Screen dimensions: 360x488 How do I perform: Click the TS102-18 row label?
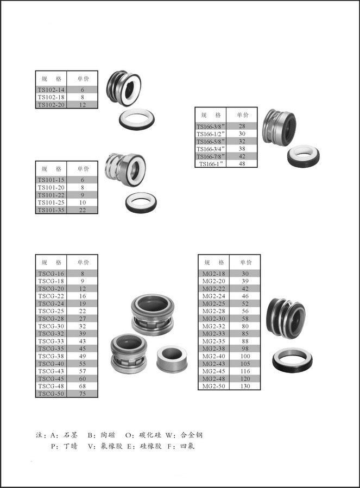(x=51, y=97)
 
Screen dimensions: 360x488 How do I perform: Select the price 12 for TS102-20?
(x=82, y=105)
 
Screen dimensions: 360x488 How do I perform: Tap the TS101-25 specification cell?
(x=51, y=202)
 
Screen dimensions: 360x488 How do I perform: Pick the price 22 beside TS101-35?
(x=82, y=210)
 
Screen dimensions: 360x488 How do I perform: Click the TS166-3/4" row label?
(x=211, y=149)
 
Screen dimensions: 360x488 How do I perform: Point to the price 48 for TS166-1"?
(x=242, y=164)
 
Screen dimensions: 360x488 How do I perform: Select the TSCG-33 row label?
(x=51, y=341)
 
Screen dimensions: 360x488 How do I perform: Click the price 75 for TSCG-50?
(x=82, y=394)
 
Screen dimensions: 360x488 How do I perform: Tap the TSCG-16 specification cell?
(x=51, y=274)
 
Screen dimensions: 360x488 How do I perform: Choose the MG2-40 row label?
(x=213, y=356)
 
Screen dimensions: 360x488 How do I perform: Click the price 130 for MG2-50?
(x=245, y=386)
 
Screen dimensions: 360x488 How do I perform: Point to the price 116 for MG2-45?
(x=245, y=371)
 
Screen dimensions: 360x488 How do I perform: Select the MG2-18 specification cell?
(x=213, y=274)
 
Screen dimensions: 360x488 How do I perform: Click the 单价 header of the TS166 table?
(x=243, y=115)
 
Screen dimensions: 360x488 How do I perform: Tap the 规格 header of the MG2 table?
(x=214, y=262)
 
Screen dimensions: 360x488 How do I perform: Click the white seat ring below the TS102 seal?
(x=137, y=119)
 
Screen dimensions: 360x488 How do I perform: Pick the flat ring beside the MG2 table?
(x=293, y=362)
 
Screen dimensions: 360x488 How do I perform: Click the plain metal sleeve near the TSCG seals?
(x=172, y=358)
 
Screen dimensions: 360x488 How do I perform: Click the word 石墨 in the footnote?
(x=71, y=435)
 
